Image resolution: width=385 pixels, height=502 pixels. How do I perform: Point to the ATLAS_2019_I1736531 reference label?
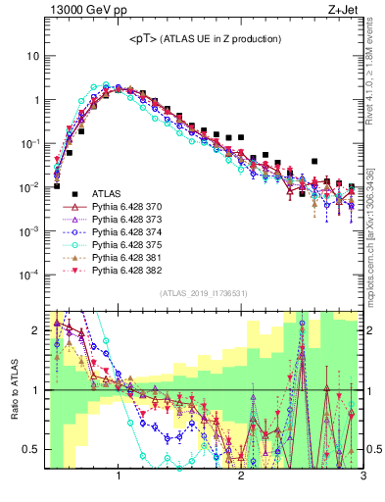click(x=204, y=293)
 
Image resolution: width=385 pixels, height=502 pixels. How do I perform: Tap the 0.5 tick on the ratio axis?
click(x=32, y=449)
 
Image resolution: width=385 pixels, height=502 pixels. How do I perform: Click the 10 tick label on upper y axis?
click(x=32, y=56)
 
